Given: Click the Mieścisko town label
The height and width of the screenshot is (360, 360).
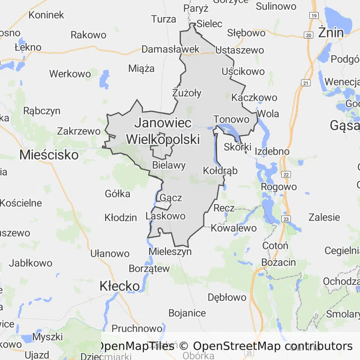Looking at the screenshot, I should [x=49, y=155].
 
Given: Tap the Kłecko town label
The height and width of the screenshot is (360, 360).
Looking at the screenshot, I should [x=120, y=286].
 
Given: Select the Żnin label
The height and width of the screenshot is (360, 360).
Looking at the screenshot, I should [x=330, y=32].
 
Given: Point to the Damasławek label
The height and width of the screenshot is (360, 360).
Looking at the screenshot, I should [x=171, y=49].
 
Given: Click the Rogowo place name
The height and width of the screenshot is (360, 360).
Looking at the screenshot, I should [x=280, y=187].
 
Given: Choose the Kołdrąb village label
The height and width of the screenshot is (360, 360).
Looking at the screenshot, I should [x=220, y=171].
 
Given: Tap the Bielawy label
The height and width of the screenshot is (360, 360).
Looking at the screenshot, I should [x=169, y=165].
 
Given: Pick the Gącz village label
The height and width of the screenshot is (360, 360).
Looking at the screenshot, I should [x=171, y=198].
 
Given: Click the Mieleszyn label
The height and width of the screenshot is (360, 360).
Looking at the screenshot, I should [x=170, y=252].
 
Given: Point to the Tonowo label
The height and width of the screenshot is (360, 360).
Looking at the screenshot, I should [x=232, y=120].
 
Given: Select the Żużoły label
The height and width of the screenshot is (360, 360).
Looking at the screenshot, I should [x=187, y=93].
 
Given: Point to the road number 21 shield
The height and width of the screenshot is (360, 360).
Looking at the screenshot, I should [x=306, y=83].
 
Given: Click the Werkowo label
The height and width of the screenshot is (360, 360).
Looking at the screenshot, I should [x=70, y=74].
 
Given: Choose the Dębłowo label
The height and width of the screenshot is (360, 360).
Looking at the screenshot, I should [x=227, y=297].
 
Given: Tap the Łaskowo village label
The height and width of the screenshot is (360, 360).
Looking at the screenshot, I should [x=165, y=216].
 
